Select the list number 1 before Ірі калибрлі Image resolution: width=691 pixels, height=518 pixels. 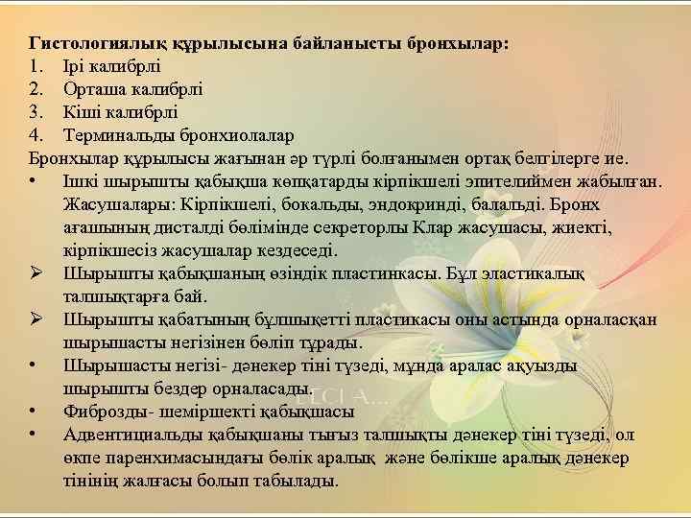click(36, 67)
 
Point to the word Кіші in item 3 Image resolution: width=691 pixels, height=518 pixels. click(81, 111)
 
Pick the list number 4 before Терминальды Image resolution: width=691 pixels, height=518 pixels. click(36, 133)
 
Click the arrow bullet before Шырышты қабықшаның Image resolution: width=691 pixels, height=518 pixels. click(36, 273)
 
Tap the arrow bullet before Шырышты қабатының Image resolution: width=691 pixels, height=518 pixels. click(36, 319)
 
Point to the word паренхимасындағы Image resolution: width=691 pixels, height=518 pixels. click(173, 458)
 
